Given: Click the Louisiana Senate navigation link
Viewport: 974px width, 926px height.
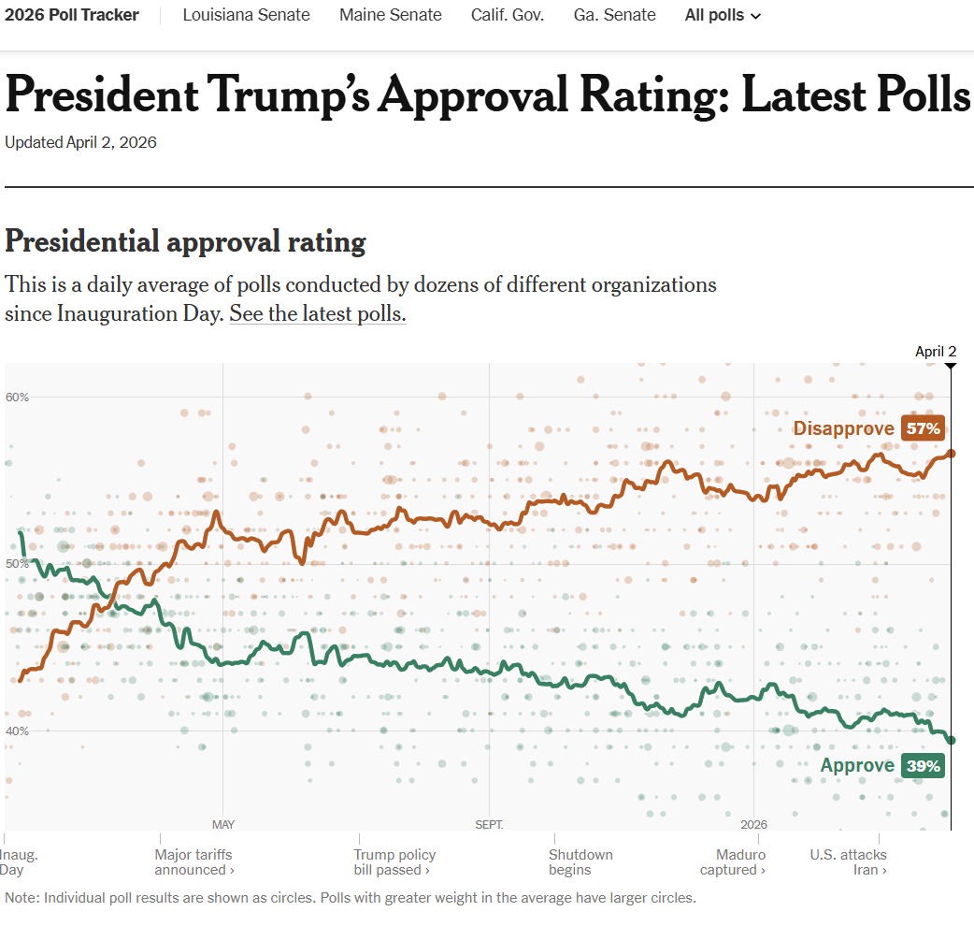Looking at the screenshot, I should click(x=246, y=15).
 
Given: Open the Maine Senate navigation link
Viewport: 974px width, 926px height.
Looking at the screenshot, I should click(x=391, y=15).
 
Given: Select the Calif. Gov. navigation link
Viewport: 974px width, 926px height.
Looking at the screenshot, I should click(x=508, y=15).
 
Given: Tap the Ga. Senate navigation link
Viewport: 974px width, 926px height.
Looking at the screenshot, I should click(x=615, y=15).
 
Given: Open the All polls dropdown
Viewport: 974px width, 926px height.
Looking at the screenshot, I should click(x=723, y=15).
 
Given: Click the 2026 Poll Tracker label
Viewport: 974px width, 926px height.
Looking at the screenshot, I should click(x=72, y=15).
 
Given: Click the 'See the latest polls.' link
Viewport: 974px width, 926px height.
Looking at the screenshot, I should click(x=318, y=314).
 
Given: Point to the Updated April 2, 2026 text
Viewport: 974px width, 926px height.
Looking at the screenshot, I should click(x=80, y=142).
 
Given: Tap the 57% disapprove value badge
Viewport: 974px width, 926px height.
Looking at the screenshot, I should click(x=924, y=428).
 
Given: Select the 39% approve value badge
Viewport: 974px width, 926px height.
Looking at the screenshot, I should click(x=924, y=766).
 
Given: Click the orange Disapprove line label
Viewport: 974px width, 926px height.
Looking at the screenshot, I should click(x=844, y=428).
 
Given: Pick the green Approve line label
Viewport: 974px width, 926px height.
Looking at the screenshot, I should click(x=857, y=766).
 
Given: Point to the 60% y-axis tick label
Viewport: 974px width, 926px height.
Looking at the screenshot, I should click(x=17, y=397).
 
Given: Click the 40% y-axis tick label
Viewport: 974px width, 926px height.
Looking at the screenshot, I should click(x=17, y=731).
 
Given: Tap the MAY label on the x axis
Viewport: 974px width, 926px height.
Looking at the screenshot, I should click(x=223, y=824).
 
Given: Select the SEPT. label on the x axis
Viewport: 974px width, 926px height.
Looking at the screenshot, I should click(x=489, y=824).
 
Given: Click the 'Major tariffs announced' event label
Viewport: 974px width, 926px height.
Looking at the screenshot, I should click(x=193, y=861).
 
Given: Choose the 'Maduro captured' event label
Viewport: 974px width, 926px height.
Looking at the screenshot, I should click(x=740, y=861).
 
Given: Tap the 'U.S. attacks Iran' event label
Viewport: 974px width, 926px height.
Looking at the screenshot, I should click(x=848, y=861).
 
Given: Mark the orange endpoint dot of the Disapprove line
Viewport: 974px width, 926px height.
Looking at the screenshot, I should click(x=951, y=453).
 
